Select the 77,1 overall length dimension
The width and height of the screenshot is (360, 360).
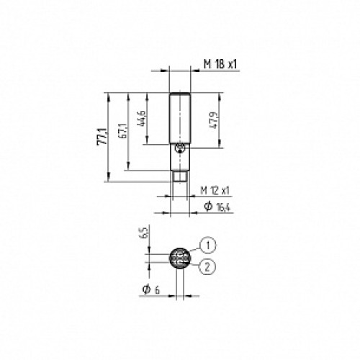click(x=102, y=138)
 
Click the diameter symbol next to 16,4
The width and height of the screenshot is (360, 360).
click(x=207, y=207)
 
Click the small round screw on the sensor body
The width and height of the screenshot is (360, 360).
click(x=180, y=148)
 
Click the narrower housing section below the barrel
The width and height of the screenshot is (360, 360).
click(x=180, y=156)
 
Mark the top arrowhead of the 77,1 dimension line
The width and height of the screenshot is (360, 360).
click(x=107, y=94)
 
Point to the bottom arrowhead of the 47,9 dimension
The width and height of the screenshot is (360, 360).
click(x=218, y=147)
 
